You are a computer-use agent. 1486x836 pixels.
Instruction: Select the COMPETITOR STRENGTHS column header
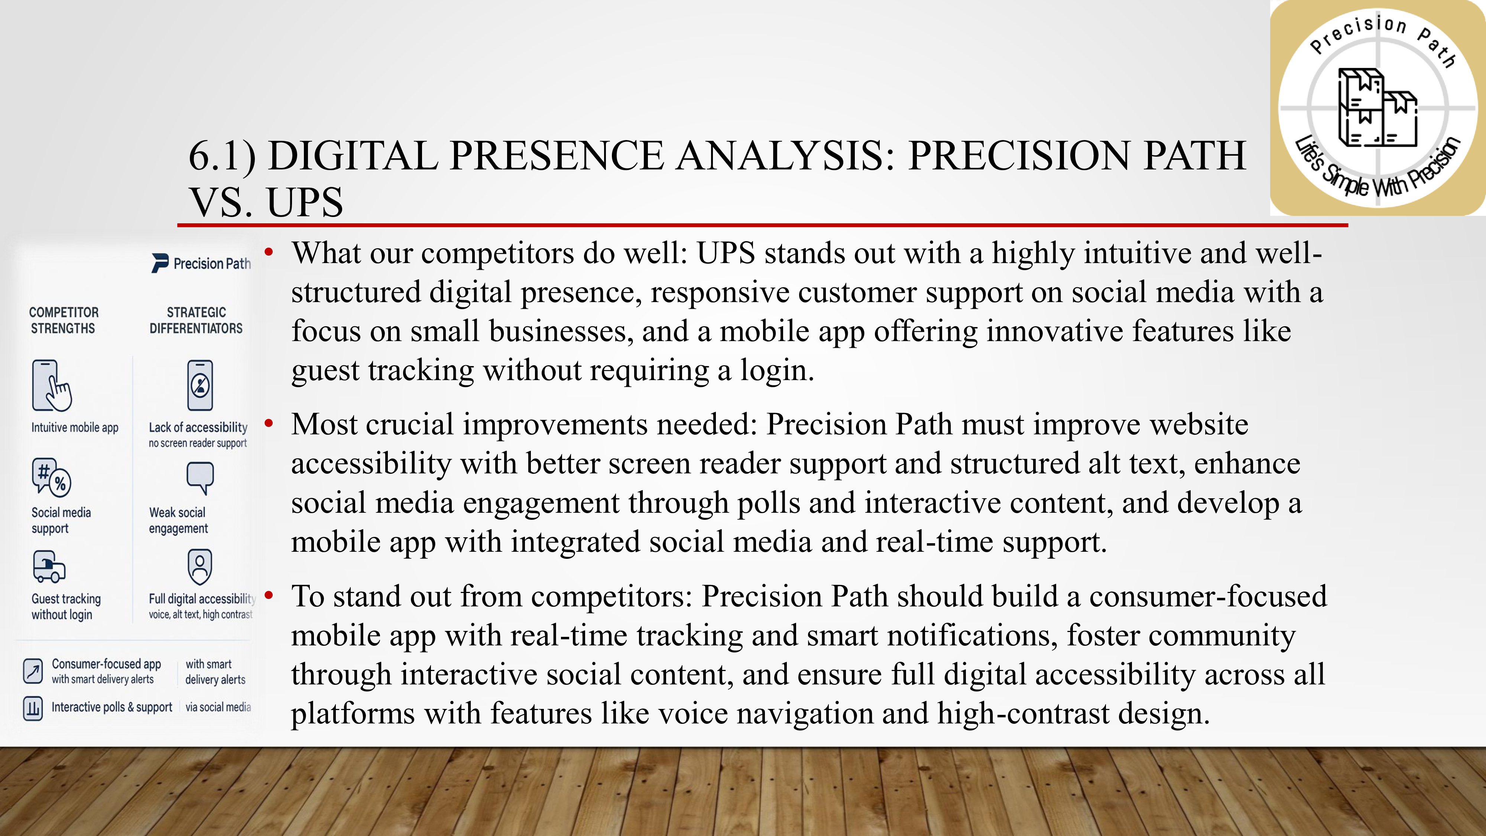[64, 320]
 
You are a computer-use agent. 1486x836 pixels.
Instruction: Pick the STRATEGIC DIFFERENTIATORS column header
[196, 320]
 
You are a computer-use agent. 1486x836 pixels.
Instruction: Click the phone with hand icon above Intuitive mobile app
[51, 385]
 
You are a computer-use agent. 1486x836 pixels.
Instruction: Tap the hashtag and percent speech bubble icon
[51, 477]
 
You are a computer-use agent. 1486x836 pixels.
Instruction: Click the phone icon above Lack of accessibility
[200, 385]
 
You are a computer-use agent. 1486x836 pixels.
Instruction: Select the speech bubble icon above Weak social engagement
[200, 478]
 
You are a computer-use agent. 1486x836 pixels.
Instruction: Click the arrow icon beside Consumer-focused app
[33, 671]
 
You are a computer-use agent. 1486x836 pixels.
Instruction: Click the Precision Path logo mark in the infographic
[160, 263]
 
